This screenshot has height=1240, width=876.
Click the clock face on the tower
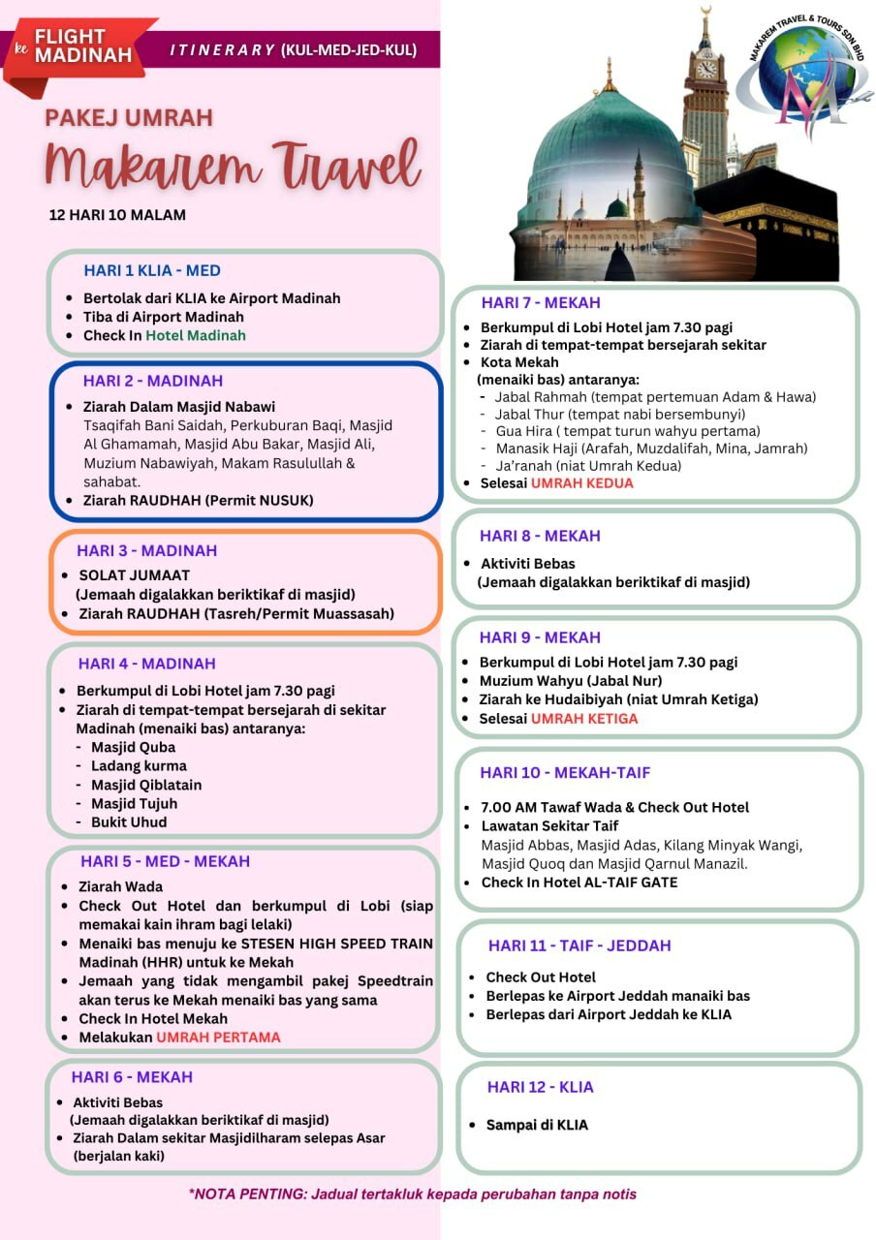point(706,69)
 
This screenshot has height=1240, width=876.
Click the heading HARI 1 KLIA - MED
point(152,270)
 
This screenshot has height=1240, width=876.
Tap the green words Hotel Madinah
point(196,335)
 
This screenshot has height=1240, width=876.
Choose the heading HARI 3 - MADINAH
point(147,550)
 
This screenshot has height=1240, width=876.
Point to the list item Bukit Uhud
point(129,821)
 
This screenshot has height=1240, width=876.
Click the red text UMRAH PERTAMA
point(218,1037)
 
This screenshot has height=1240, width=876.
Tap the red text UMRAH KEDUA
point(581,482)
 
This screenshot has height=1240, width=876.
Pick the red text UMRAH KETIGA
point(584,718)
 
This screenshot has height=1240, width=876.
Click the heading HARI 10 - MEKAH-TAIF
point(565,772)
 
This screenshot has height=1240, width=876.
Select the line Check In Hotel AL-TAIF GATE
point(579,882)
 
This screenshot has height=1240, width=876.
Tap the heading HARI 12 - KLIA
point(540,1087)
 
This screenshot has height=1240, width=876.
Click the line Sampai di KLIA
point(536,1125)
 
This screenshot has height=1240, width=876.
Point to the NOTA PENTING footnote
point(413,1193)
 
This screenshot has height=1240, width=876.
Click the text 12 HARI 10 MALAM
point(117,214)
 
